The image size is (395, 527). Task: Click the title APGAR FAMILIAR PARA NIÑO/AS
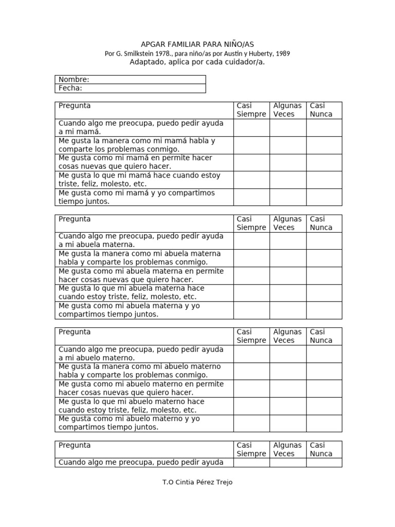197,45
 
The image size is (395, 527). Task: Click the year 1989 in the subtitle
281,54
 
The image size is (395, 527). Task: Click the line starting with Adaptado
197,62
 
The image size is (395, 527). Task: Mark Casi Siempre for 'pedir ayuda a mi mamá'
252,128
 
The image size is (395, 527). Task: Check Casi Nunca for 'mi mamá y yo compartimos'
324,197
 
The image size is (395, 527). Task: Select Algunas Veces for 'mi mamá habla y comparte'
288,145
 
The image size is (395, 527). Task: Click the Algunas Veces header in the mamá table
288,110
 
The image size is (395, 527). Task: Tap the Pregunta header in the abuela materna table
75,219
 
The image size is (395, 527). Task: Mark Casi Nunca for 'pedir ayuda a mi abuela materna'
324,241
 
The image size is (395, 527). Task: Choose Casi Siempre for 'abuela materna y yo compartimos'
252,310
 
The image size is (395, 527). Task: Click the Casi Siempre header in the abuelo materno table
252,336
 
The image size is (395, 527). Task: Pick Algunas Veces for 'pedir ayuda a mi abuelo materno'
288,354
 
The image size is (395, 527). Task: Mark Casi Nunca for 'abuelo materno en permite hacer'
324,389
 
